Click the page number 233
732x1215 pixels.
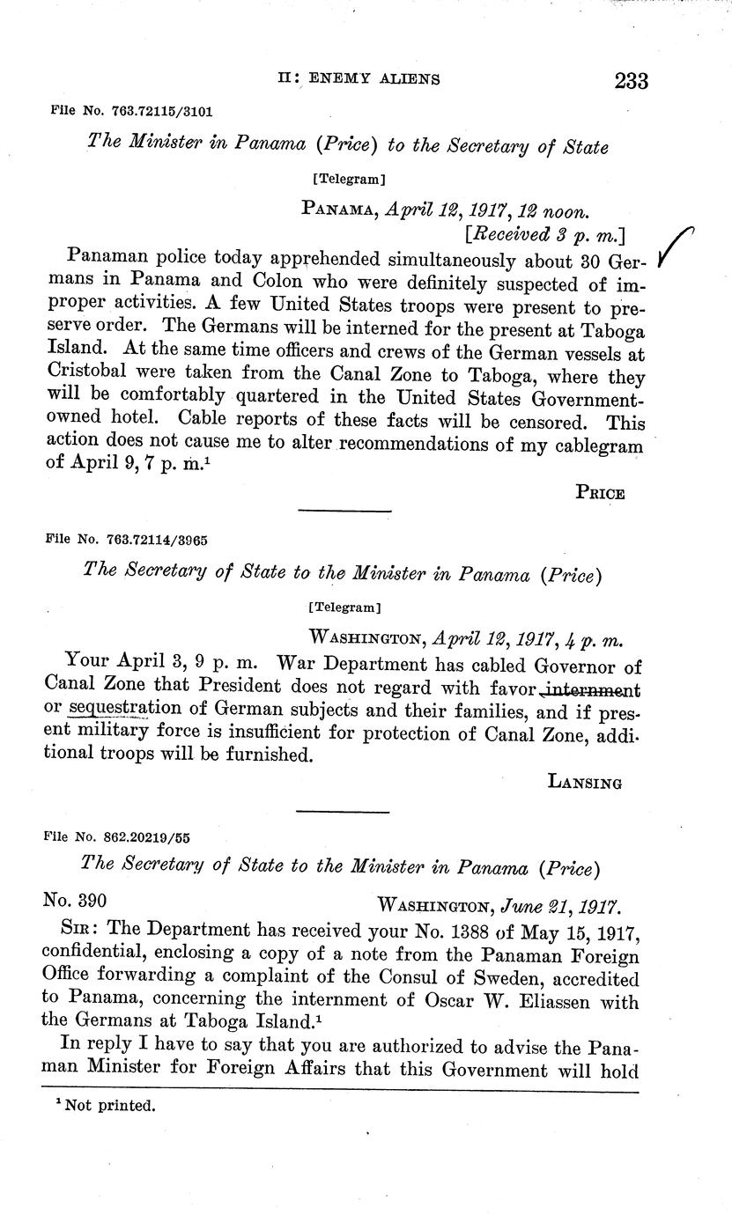[x=632, y=81]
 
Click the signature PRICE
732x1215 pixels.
[x=600, y=493]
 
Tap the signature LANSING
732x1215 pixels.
[x=585, y=781]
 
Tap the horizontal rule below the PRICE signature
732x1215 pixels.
[x=344, y=511]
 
